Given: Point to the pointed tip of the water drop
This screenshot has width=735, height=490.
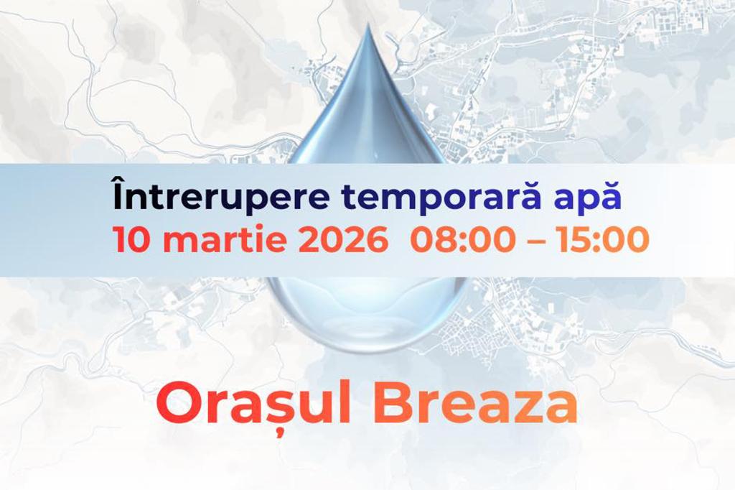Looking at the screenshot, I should pos(369,29).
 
